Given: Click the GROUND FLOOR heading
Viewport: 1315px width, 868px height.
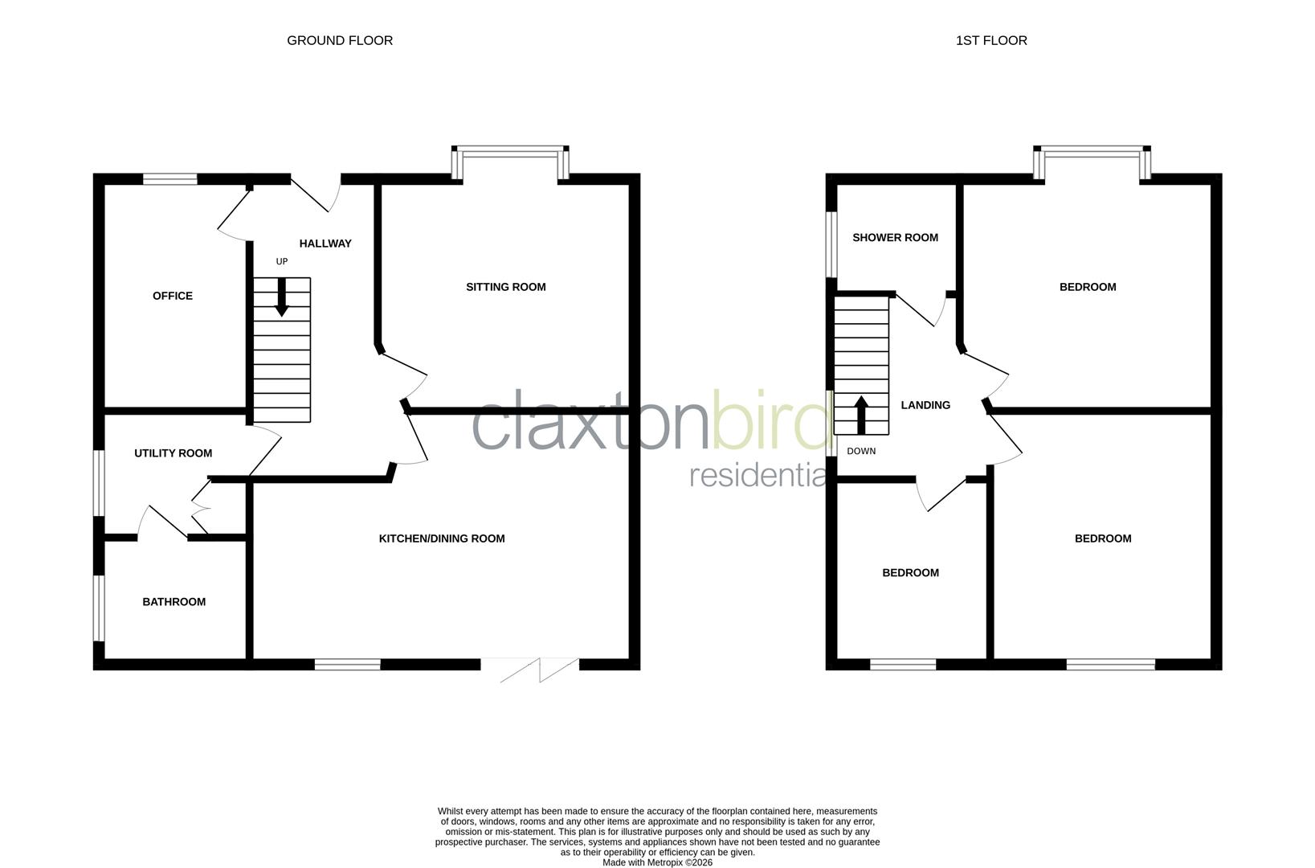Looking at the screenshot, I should click(340, 40).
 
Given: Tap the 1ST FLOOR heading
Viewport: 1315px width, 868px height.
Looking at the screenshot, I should click(990, 40).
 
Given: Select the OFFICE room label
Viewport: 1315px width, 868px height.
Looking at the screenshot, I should click(173, 296).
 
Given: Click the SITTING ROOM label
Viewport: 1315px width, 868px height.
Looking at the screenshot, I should click(505, 287).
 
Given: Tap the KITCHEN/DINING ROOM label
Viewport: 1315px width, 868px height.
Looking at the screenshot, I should click(442, 538).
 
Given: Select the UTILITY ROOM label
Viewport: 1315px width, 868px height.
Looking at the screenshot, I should click(173, 453).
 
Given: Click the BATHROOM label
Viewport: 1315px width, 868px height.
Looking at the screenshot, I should click(174, 602).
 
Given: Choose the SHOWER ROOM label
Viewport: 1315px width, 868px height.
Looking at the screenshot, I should click(895, 238).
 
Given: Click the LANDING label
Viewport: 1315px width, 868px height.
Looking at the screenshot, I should click(925, 406).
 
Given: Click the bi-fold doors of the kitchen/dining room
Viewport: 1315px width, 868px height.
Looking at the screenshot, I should click(530, 669).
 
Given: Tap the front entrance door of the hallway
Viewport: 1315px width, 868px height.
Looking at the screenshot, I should click(316, 193).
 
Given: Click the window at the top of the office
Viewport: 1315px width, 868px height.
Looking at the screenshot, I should click(170, 179).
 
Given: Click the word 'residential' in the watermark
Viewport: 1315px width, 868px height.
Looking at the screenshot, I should click(759, 475).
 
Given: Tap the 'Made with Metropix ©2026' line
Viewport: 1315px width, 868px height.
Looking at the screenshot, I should click(657, 862).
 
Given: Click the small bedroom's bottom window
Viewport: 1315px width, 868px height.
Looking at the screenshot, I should click(903, 664).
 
